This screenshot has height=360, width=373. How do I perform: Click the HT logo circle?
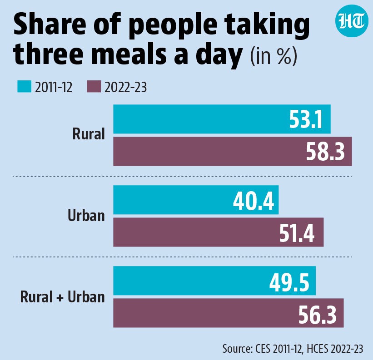(351, 21)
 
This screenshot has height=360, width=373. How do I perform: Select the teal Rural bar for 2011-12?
(222, 119)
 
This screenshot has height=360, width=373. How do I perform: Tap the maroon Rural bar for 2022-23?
(233, 151)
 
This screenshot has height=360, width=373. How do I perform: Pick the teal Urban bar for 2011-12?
(196, 200)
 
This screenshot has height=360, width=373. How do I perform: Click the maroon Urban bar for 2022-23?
(219, 232)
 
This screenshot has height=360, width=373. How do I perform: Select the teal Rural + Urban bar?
(214, 281)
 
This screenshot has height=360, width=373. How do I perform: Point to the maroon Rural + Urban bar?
(229, 313)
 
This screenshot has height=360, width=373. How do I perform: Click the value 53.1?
(306, 120)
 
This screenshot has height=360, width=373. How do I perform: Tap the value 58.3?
(325, 152)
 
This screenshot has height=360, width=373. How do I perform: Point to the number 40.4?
(254, 201)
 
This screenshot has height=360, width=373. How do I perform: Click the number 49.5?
(289, 282)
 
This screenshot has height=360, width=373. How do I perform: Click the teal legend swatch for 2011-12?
(24, 87)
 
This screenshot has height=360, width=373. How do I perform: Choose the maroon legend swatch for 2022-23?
(94, 87)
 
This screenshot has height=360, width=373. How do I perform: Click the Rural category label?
(89, 134)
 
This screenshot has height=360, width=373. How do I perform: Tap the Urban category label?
(86, 216)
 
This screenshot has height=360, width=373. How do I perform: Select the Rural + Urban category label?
(63, 297)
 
